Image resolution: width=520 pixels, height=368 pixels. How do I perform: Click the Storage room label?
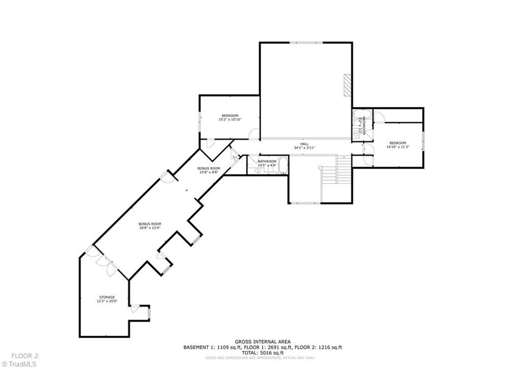coord(107,297)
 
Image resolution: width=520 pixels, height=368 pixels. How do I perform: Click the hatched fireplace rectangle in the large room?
coord(347,85)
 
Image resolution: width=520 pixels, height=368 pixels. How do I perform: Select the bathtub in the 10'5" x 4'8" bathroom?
coord(283,166)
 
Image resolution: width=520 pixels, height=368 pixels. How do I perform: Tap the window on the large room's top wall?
coord(305,43)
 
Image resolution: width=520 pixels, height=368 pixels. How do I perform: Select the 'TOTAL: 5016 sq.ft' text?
coord(262,353)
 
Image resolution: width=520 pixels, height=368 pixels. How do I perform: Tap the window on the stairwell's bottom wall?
coord(305,203)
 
